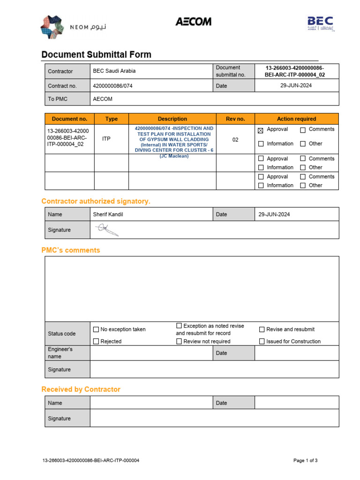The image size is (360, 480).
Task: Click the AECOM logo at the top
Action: [x=193, y=22]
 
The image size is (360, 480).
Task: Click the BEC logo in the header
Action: [x=321, y=23]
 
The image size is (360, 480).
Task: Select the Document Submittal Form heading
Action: [x=96, y=54]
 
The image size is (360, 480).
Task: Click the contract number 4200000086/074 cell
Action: [x=111, y=86]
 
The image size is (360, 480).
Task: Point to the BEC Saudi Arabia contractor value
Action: [x=114, y=71]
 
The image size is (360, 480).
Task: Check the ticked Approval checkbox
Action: [x=261, y=130]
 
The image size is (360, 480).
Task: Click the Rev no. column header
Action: [x=235, y=119]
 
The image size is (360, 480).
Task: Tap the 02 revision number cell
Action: [x=235, y=140]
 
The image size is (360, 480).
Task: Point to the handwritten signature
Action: [x=107, y=230]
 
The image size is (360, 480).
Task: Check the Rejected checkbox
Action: [x=96, y=342]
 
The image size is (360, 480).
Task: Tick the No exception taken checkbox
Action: [x=96, y=330]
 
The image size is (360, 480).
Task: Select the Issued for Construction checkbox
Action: [x=262, y=342]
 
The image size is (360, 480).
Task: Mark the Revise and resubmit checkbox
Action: [x=262, y=330]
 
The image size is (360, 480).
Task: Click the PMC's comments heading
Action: [x=71, y=250]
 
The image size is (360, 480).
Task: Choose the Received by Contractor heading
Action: [x=81, y=390]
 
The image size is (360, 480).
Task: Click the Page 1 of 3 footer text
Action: [x=305, y=461]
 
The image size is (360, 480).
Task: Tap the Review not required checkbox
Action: [x=179, y=342]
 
